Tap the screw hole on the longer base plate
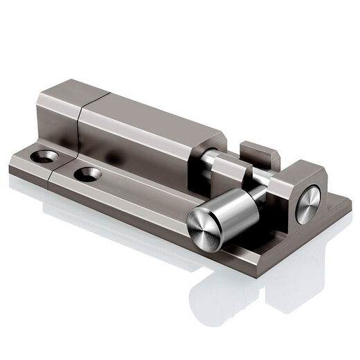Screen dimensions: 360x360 click(x=87, y=174)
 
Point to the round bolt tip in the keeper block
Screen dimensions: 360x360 click(x=308, y=204)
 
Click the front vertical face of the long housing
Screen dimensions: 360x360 click(x=138, y=152)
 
